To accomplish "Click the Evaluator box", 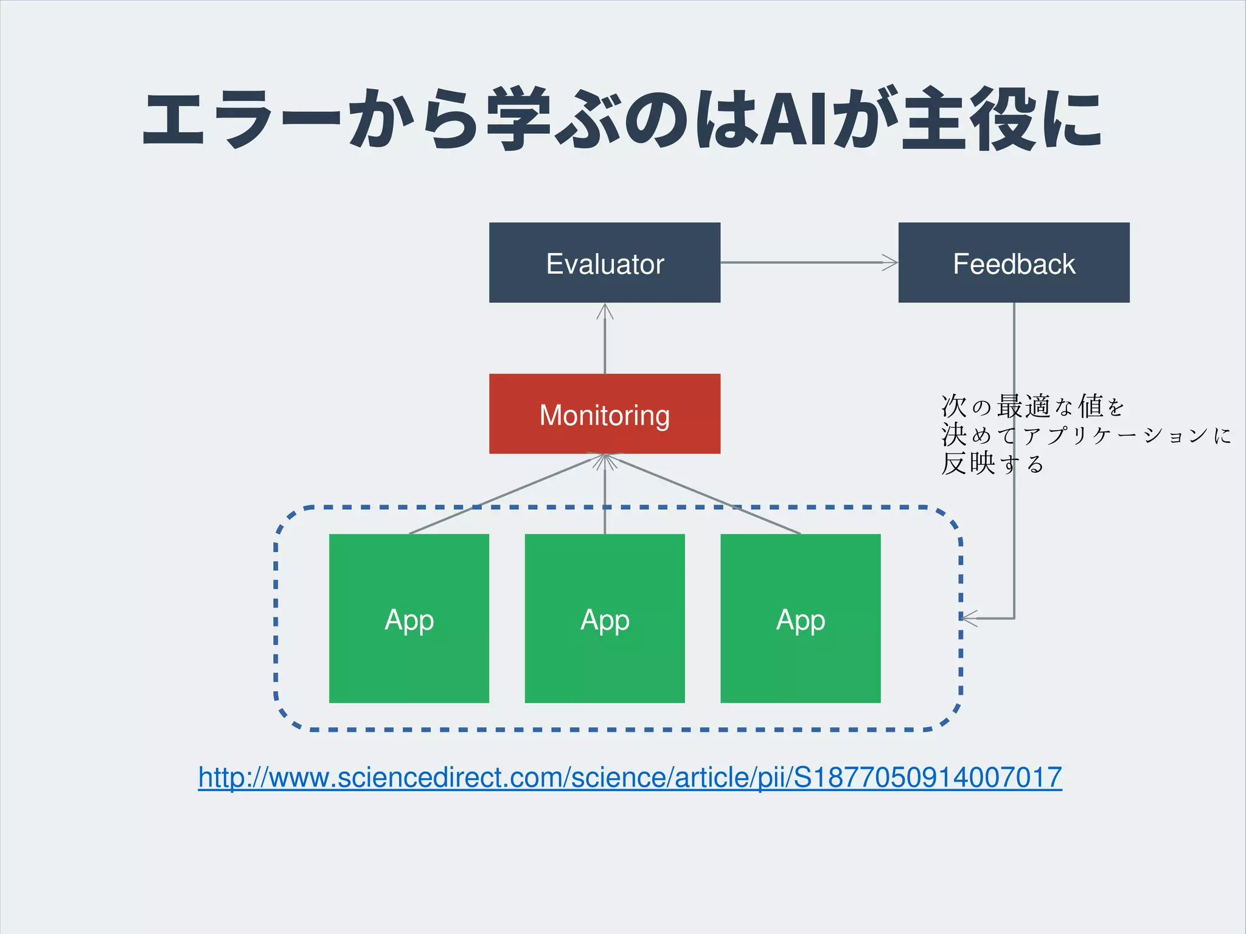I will (x=604, y=262).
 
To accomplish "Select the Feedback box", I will (x=1014, y=262).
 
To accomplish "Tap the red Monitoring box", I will (x=604, y=414).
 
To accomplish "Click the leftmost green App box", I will (x=409, y=618).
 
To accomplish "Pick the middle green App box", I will (x=604, y=618).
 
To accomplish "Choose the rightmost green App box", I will (x=800, y=618).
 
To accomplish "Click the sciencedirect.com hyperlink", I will (x=630, y=778).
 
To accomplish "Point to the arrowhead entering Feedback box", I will (x=891, y=263).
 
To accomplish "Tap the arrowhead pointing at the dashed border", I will (x=969, y=618).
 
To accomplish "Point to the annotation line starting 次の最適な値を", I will (x=1032, y=406).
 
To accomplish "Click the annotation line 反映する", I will (x=992, y=464).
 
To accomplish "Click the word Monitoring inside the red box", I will (x=604, y=415).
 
